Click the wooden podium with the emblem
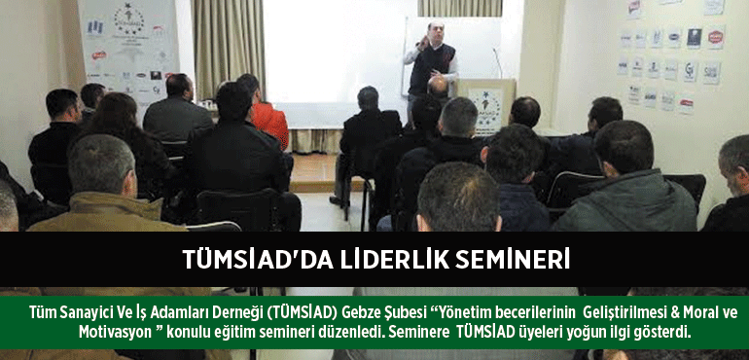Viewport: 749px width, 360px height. pyautogui.click(x=485, y=106)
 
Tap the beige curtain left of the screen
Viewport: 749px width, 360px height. pyautogui.click(x=229, y=48)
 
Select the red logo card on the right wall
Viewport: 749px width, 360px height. pyautogui.click(x=716, y=37)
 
